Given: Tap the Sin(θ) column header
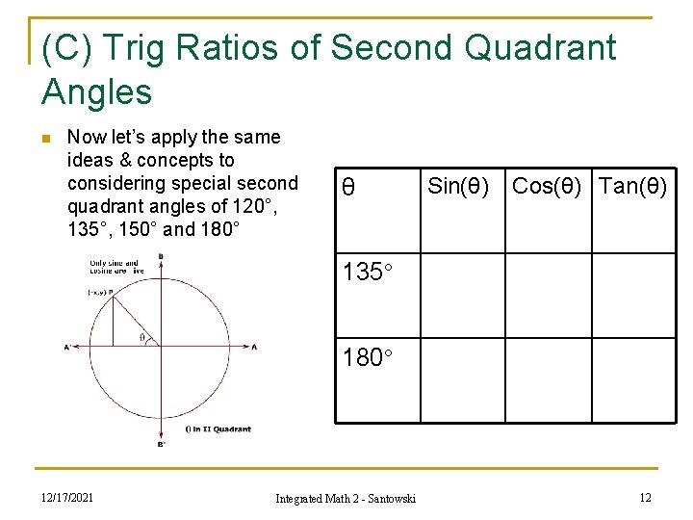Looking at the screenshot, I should (x=457, y=186).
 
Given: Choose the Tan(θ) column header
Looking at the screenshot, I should (x=632, y=186).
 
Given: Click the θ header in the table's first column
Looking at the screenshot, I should (x=348, y=188).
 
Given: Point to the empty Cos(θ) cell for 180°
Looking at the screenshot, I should (x=548, y=379).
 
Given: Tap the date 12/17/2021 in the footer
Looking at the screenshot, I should (x=67, y=497).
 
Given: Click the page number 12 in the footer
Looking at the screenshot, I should (x=646, y=497).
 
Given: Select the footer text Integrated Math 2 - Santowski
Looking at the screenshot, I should (x=346, y=498).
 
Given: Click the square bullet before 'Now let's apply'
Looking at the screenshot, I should (x=48, y=138).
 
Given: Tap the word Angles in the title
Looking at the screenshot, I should (x=97, y=92).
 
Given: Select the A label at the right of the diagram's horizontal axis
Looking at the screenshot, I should (x=254, y=347).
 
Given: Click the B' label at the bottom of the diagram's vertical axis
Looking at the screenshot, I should (x=162, y=444).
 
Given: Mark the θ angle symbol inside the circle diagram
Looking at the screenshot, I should (x=143, y=337).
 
